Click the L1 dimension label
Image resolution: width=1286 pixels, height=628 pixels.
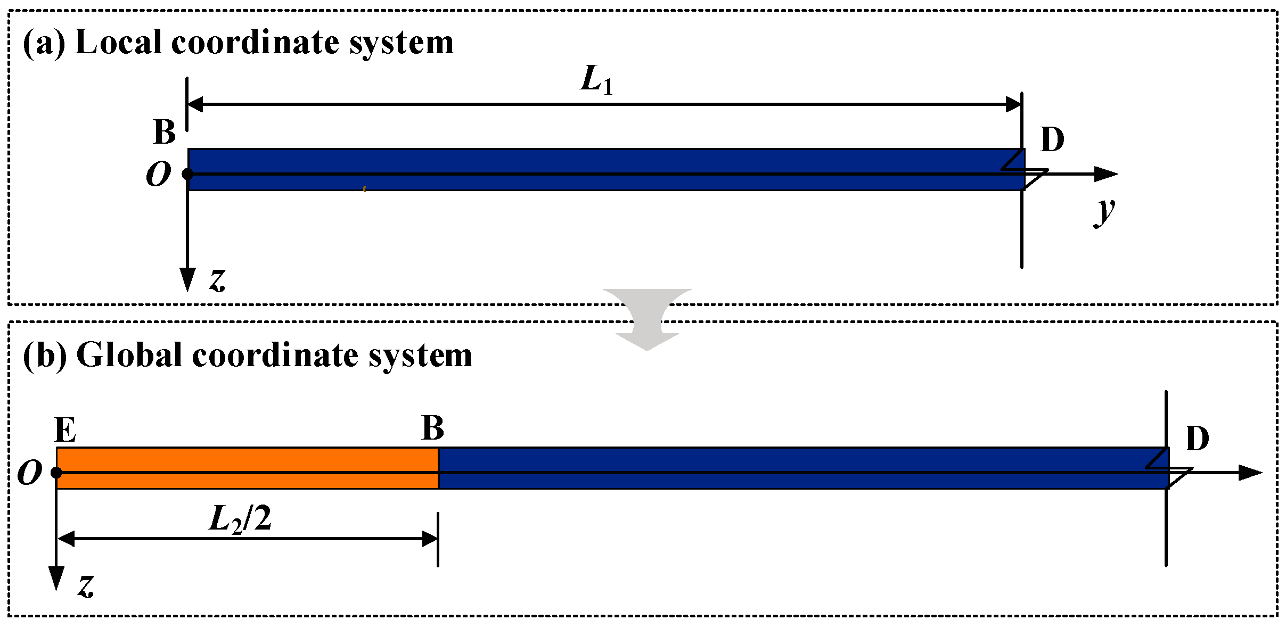tap(596, 80)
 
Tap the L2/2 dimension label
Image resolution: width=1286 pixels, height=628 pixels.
tap(240, 518)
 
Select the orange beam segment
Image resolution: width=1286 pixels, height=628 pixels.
tap(247, 468)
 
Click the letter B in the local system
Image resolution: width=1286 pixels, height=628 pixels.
tap(165, 131)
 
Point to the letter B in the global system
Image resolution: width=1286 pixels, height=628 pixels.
tap(432, 428)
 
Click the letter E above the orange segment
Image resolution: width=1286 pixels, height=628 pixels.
tap(65, 430)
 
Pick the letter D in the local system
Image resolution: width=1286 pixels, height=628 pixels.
tap(1052, 140)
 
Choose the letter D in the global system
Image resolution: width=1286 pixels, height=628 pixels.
tap(1197, 439)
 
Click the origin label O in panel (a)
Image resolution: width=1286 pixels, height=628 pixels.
tap(159, 175)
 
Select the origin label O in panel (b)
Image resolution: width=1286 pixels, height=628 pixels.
tap(30, 473)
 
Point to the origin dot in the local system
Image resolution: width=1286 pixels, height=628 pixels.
tap(187, 174)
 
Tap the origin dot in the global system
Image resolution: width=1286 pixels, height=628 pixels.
tap(56, 473)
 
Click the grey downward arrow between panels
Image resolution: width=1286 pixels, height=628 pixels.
tap(647, 319)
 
